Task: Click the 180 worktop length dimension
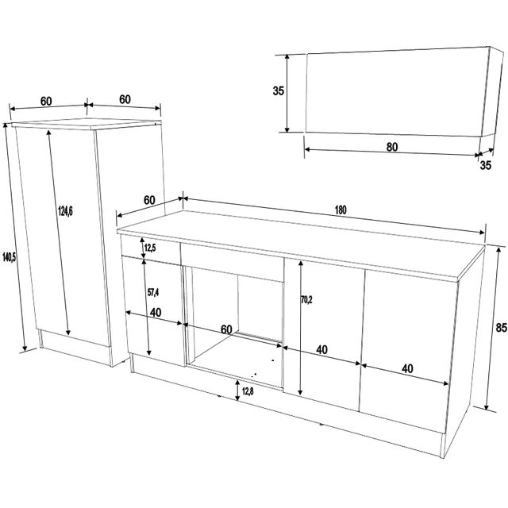pos(341,210)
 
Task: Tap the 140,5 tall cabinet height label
pos(9,257)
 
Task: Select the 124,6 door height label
pos(65,211)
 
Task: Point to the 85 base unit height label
pos(501,328)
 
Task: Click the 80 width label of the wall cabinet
pos(392,147)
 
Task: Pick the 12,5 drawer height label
pos(150,248)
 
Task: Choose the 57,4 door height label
pos(153,293)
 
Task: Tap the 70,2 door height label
pos(306,300)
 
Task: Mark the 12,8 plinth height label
pos(248,391)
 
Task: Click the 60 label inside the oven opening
pos(226,329)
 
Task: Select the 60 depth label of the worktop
pos(149,200)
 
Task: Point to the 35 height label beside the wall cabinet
pos(279,91)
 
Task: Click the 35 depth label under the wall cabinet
pos(485,165)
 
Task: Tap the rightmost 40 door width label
pos(407,368)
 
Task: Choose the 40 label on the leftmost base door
pos(156,312)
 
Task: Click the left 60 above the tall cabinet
pos(46,102)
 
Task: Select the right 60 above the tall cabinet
pos(125,99)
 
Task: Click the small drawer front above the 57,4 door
pos(151,248)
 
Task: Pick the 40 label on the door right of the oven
pos(321,349)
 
